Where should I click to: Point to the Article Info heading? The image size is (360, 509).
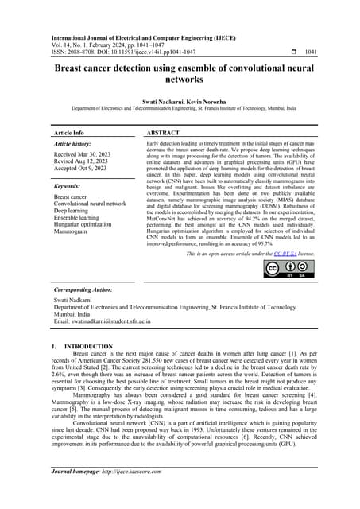click(68, 132)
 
